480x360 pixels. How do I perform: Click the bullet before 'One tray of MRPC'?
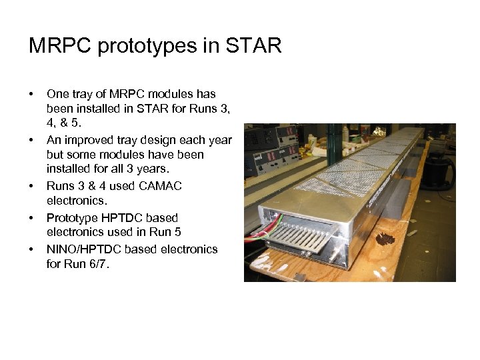pyautogui.click(x=31, y=94)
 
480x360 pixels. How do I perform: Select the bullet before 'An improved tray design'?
pyautogui.click(x=31, y=141)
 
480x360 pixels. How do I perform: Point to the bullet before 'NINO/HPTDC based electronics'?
pyautogui.click(x=31, y=249)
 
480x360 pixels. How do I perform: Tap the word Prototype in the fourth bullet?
pyautogui.click(x=71, y=217)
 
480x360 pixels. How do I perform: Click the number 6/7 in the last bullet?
pyautogui.click(x=102, y=263)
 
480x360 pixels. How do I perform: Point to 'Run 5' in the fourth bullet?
pyautogui.click(x=167, y=232)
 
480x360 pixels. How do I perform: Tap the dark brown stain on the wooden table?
pyautogui.click(x=385, y=239)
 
